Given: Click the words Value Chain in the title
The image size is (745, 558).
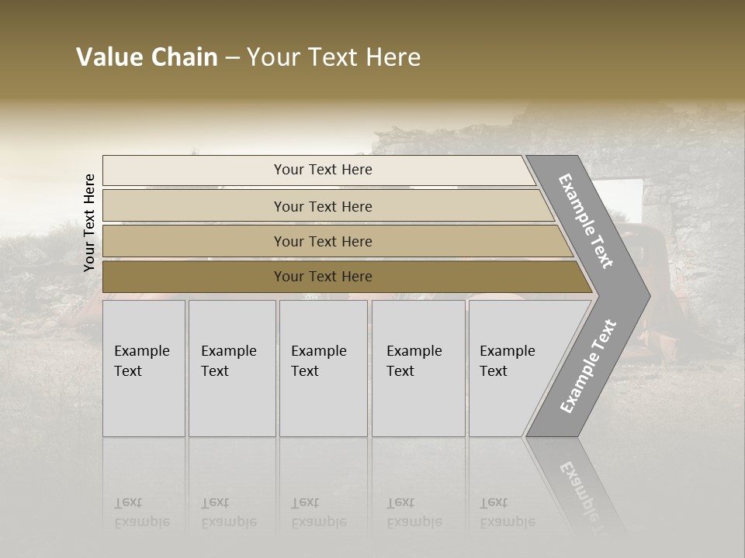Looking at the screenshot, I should pos(147,57).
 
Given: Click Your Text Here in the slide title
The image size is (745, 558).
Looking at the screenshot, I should pos(334,57).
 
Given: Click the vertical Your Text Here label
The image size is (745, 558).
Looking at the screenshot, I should pos(90,222).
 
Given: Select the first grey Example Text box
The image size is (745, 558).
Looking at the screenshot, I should pos(144,368).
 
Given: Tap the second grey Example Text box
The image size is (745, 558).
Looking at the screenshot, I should pos(231,368).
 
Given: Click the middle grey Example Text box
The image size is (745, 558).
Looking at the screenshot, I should pos(323,368).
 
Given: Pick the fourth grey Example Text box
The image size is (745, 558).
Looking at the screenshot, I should pos(418,368).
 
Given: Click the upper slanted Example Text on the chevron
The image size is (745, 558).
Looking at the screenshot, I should pos(586,221).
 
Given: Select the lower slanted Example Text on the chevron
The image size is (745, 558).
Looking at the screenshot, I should pos(588,367).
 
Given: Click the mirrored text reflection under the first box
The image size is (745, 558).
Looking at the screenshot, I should pos(141,512).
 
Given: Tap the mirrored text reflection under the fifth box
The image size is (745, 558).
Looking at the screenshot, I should pos(507,512).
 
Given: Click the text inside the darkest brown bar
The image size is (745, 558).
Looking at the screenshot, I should pos(323,277).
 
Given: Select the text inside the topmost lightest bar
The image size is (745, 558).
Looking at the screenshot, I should pos(323,170).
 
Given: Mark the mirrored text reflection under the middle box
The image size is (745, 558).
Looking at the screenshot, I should pos(318,512).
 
